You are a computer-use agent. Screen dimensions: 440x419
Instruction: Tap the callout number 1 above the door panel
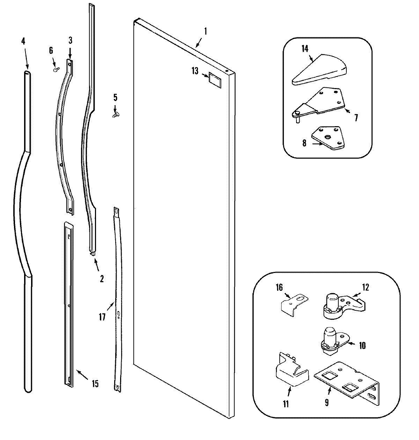(x=206, y=32)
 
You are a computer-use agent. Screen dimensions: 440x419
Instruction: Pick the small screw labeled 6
(x=56, y=69)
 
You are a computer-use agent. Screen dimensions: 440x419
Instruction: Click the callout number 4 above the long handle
(x=23, y=41)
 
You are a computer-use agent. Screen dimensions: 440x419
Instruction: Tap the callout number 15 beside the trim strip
(x=95, y=384)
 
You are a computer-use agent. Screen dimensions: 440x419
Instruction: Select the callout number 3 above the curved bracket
(x=70, y=41)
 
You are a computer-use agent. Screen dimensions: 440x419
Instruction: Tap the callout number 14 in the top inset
(x=305, y=49)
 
